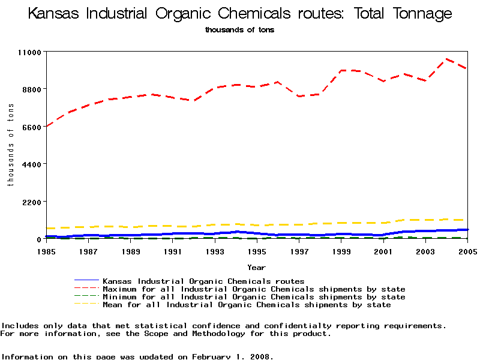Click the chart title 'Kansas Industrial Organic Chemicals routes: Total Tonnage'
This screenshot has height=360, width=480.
pos(240,14)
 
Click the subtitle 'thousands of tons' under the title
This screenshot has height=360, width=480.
pos(239,30)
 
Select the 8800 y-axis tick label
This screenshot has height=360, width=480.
pos(31,89)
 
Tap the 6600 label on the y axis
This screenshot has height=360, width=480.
pos(31,127)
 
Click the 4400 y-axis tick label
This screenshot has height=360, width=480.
pos(31,164)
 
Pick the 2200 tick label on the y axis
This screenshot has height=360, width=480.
pos(31,202)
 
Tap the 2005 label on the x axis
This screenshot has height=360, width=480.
pos(467,251)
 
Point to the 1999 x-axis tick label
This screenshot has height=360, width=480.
pos(341,251)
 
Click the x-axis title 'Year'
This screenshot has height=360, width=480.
pos(256,267)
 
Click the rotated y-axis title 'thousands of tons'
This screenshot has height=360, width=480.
pos(10,145)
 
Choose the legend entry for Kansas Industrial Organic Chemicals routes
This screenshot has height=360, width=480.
pos(203,281)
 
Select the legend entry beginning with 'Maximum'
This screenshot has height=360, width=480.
pos(254,289)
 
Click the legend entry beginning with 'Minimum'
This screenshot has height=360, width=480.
pos(254,297)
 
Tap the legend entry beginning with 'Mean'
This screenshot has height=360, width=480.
pos(247,305)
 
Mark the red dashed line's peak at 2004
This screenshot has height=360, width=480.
pos(446,59)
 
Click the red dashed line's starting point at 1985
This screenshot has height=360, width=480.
pos(46,126)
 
